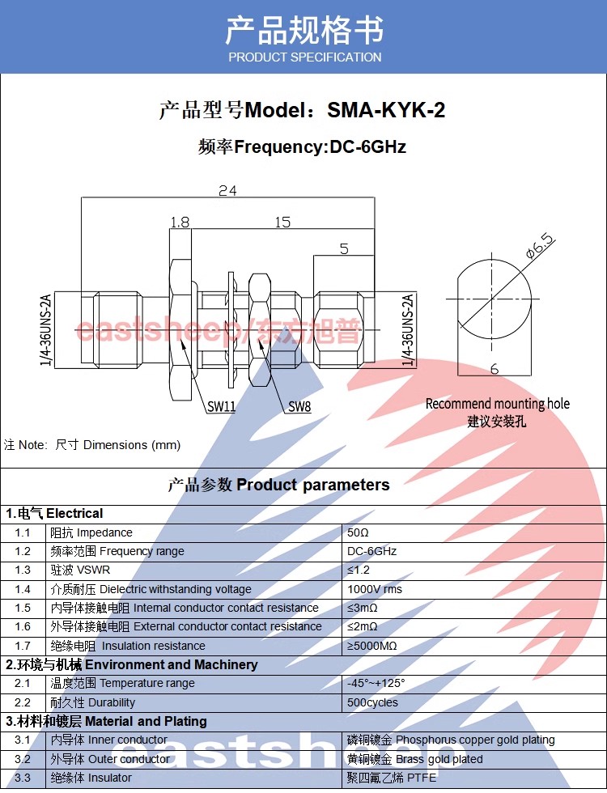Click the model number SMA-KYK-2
[386, 110]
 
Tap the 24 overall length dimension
[227, 191]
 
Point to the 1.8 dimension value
[180, 222]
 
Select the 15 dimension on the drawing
[282, 222]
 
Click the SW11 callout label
[222, 406]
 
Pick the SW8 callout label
[299, 406]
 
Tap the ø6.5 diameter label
[541, 246]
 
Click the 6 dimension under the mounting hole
[495, 369]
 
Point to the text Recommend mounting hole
[497, 404]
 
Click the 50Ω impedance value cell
[358, 532]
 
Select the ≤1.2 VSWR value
[358, 570]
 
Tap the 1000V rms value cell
[374, 589]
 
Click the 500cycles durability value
[372, 702]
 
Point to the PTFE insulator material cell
[391, 778]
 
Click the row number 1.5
[23, 608]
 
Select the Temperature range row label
[122, 683]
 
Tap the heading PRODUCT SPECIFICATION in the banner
[304, 57]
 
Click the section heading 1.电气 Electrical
[54, 513]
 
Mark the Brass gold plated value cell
[414, 759]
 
